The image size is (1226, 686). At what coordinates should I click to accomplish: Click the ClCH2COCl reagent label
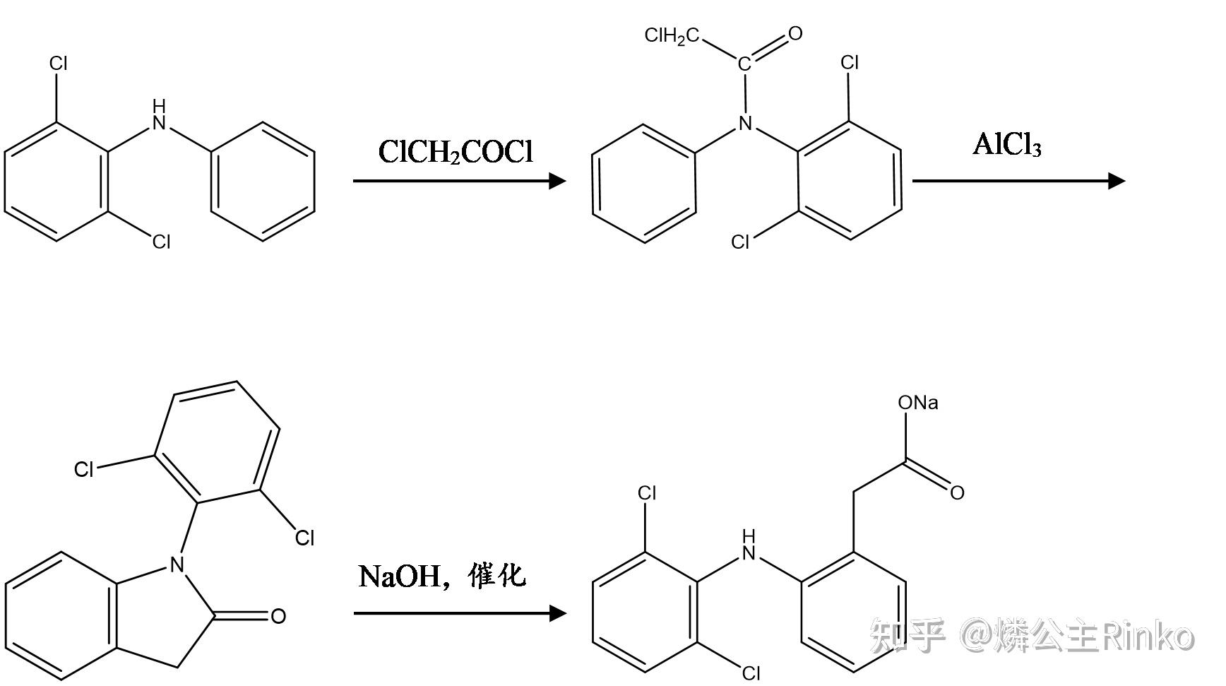456,152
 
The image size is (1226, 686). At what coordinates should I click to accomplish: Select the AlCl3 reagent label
1006,145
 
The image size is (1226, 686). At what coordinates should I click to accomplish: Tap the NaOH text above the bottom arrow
399,576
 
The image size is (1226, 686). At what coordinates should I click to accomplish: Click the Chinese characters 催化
497,575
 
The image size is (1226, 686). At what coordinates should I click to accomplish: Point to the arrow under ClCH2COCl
459,181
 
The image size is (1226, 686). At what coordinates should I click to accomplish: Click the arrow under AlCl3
1018,181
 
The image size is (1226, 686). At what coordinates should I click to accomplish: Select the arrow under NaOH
459,613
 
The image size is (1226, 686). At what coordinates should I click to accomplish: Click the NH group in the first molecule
160,117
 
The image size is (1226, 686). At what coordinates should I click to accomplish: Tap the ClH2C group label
671,36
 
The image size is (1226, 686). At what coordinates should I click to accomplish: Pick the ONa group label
917,403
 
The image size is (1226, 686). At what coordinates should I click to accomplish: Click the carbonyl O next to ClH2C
795,33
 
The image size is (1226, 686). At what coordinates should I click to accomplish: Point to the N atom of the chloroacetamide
744,124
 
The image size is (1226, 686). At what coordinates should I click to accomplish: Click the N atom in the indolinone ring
177,564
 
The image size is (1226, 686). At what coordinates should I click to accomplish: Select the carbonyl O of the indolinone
278,616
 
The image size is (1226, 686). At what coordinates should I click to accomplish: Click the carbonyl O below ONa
957,492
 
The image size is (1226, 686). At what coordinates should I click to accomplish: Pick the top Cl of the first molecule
59,64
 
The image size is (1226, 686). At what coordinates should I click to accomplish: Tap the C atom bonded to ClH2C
744,65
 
